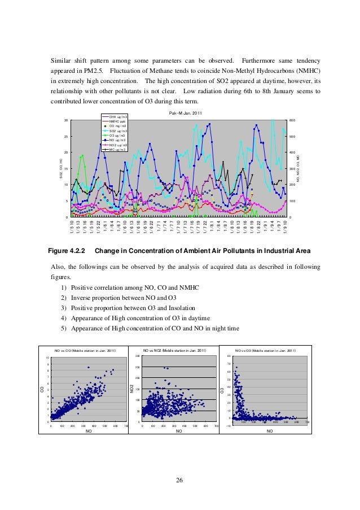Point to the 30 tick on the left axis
[66, 120]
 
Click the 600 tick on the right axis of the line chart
[292, 120]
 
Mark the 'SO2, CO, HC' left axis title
[60, 168]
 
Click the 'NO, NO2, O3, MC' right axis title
[298, 168]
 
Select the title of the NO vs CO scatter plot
[85, 351]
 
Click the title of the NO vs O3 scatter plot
[265, 351]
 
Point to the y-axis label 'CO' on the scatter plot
[41, 389]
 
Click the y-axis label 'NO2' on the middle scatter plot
[131, 389]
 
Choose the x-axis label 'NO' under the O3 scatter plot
[269, 431]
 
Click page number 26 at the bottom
[179, 480]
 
